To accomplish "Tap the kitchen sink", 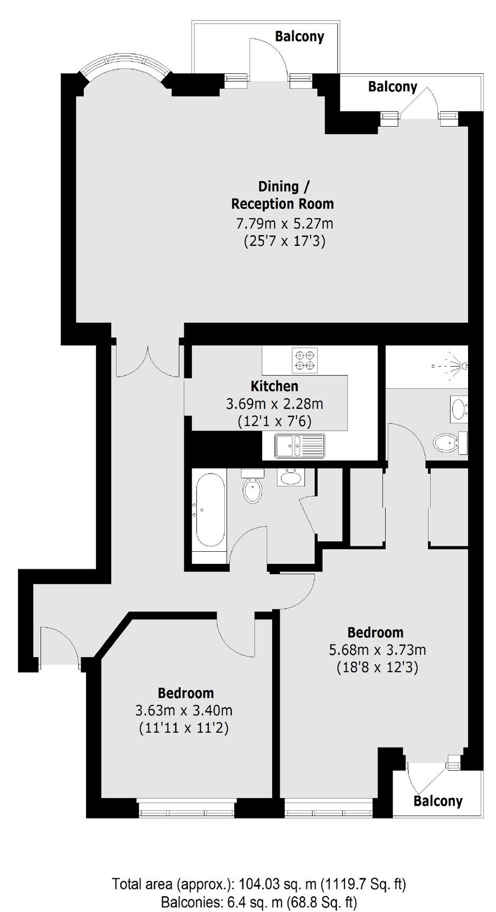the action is [x=299, y=445].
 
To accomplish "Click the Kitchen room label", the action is [x=274, y=386].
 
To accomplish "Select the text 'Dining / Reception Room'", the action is [x=283, y=195].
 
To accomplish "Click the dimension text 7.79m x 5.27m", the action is [x=284, y=223].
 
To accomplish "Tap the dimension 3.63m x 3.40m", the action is [x=184, y=711].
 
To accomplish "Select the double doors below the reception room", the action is [x=148, y=360].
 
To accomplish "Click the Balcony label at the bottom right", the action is [x=438, y=801].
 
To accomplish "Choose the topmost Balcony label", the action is [x=300, y=36].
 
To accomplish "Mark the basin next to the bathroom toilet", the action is [x=291, y=478].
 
